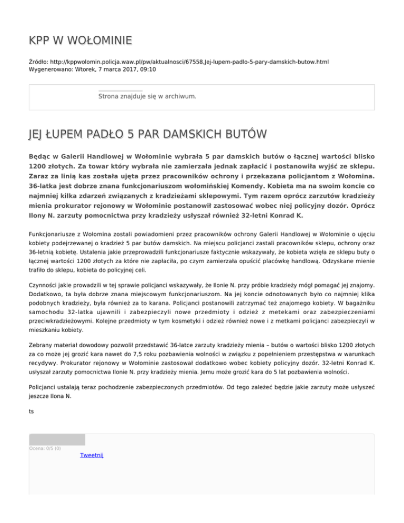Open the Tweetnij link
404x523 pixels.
click(x=92, y=455)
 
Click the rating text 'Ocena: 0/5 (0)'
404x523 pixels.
click(x=45, y=448)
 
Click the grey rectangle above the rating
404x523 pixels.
click(x=57, y=439)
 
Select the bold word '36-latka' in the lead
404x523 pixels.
click(x=45, y=185)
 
